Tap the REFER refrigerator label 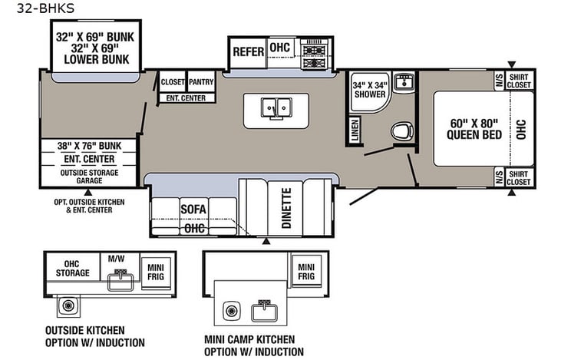(x=249, y=52)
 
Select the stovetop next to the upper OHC (x=314, y=52)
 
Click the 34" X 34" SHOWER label (x=369, y=90)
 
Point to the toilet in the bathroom (x=400, y=132)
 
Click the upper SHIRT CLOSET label (x=520, y=81)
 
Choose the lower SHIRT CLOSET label (x=520, y=177)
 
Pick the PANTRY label (x=201, y=81)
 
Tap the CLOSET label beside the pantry (x=172, y=81)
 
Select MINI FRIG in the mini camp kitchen (x=305, y=270)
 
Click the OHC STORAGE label (x=72, y=269)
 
